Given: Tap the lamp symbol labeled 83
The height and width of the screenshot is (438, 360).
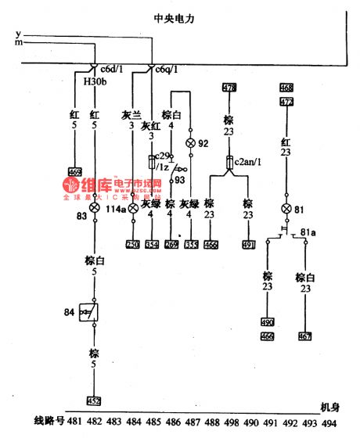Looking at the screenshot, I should pyautogui.click(x=95, y=208).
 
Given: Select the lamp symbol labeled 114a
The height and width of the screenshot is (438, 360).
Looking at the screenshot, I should pyautogui.click(x=133, y=208).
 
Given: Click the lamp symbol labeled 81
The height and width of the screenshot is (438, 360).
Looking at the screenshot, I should pyautogui.click(x=286, y=209).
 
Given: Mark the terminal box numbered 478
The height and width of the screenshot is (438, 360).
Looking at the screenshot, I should pyautogui.click(x=230, y=87).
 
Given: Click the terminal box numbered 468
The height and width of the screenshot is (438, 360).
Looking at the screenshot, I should pyautogui.click(x=286, y=87).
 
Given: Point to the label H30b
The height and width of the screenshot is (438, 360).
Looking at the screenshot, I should pyautogui.click(x=85, y=80).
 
